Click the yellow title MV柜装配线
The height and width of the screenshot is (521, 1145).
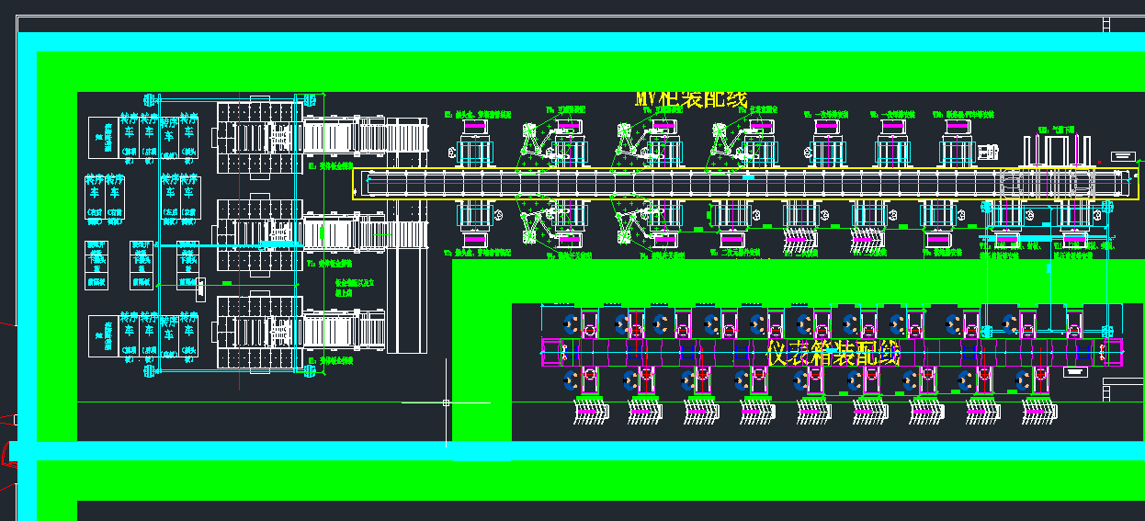point(691,99)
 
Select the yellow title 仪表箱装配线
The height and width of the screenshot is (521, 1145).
point(833,352)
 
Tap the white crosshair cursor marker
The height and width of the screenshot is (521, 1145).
point(446,402)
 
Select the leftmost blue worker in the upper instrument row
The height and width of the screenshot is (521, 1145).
point(570,323)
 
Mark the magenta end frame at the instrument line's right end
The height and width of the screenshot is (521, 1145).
point(1113,352)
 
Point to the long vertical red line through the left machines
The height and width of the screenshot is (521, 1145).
point(240,239)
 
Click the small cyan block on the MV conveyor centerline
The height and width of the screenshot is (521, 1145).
point(749,176)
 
